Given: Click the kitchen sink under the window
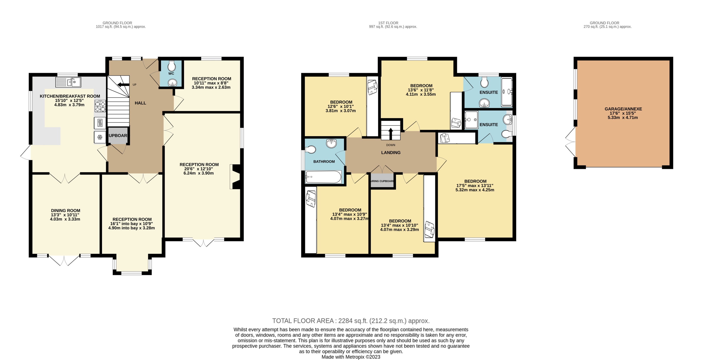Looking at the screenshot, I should tap(68, 82).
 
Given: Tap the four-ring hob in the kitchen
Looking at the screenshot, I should tap(100, 106).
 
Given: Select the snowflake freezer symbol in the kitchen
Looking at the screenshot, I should tap(100, 137).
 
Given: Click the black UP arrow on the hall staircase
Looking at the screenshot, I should tap(123, 85).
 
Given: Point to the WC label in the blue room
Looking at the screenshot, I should tap(171, 74).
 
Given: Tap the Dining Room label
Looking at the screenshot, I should tap(65, 210).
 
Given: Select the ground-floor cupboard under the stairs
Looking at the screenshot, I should tap(118, 135).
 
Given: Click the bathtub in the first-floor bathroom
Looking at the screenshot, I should tap(323, 177).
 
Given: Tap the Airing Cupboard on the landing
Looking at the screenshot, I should tap(382, 181).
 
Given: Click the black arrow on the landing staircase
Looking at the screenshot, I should tap(391, 134).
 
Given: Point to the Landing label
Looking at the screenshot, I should tap(391, 153).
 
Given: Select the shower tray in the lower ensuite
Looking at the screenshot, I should tap(471, 120).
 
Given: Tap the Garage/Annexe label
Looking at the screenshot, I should tap(623, 109).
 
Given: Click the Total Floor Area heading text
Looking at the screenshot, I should tap(351, 321).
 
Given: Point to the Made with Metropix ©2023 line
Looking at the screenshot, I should tap(351, 357).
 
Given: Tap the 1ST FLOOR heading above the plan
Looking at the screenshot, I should tap(388, 23).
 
